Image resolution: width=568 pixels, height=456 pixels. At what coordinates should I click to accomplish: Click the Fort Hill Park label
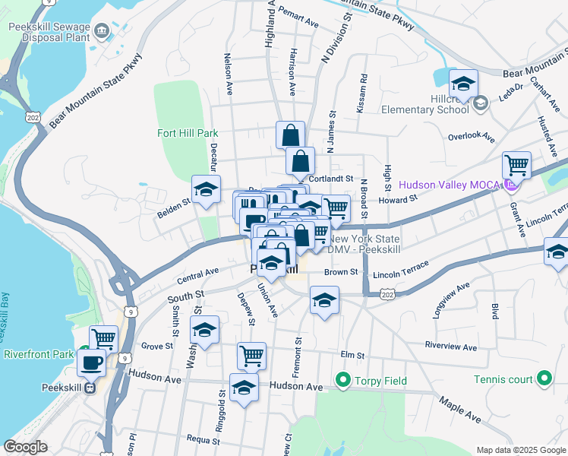188,133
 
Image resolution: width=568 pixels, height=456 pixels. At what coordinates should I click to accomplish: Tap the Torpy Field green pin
342,380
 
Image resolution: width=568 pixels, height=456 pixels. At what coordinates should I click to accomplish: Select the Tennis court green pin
544,378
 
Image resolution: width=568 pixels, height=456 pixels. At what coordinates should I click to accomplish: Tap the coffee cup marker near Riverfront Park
92,363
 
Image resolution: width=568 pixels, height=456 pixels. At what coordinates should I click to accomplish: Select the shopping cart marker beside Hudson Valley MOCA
516,164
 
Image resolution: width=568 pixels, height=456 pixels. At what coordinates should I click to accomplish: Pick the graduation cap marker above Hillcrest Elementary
463,83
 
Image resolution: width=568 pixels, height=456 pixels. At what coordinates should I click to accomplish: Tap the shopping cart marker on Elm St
251,354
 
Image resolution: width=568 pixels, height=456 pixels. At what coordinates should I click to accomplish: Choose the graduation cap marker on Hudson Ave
244,387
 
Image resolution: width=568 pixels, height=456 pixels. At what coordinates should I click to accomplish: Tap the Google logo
26,447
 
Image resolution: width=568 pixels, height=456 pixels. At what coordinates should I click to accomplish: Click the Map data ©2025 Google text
520,450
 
